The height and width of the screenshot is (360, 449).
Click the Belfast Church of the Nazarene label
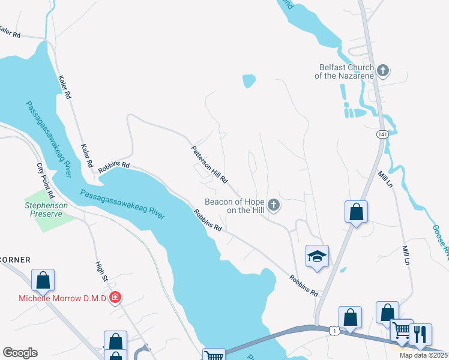tap(345, 71)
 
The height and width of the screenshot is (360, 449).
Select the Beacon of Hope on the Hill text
tap(235, 206)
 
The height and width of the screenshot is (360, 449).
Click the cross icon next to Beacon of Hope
tap(274, 206)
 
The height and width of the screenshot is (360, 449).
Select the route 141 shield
tap(382, 134)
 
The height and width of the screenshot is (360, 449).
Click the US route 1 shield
tap(334, 331)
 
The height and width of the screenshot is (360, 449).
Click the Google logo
tap(20, 353)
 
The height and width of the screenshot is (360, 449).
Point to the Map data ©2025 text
tap(423, 355)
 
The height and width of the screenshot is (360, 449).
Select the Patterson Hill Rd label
tap(210, 164)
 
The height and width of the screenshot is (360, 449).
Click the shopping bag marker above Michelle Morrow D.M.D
tap(43, 280)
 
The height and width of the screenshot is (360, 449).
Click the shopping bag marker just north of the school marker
tap(356, 212)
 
